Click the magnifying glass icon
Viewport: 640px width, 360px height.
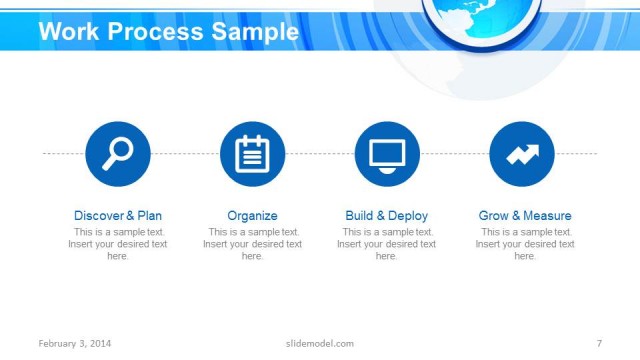pos(118,153)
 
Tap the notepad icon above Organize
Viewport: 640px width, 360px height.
pos(253,153)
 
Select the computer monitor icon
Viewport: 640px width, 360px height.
pos(387,153)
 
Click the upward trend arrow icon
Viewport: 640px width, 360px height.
pos(522,153)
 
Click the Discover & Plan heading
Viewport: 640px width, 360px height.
pos(118,215)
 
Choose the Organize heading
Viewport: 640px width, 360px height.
pos(253,215)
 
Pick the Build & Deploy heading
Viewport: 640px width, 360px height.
pos(387,215)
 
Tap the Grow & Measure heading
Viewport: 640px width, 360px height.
pos(525,215)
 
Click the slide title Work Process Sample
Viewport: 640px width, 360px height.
pos(168,32)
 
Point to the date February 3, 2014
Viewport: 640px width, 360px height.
pos(75,344)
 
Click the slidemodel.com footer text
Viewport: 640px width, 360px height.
pos(313,344)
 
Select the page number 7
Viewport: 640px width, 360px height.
pos(598,344)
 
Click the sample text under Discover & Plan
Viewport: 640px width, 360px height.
pos(118,244)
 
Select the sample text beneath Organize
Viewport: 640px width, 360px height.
pos(253,244)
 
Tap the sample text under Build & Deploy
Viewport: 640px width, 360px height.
pos(387,244)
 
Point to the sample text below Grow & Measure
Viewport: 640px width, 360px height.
pos(525,244)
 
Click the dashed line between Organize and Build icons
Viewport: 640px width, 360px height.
pos(320,154)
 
